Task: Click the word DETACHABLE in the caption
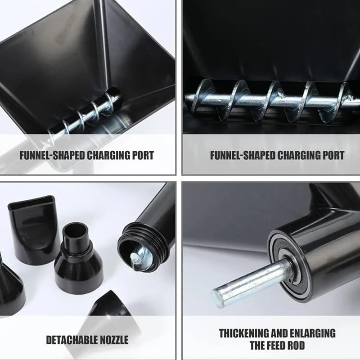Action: [x=73, y=340]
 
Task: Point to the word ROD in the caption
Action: [x=296, y=345]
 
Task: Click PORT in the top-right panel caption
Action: [x=334, y=155]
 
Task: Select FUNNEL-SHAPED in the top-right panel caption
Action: [x=243, y=155]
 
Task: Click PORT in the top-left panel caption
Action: [x=144, y=155]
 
